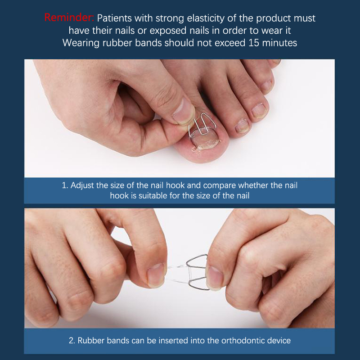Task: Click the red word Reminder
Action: [x=69, y=18]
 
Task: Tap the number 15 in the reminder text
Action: [x=254, y=43]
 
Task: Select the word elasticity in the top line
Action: [x=206, y=18]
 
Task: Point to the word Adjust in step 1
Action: [x=82, y=185]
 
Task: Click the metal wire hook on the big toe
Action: [x=202, y=125]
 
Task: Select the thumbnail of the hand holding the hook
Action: [x=183, y=111]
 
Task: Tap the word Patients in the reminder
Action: [x=114, y=18]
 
